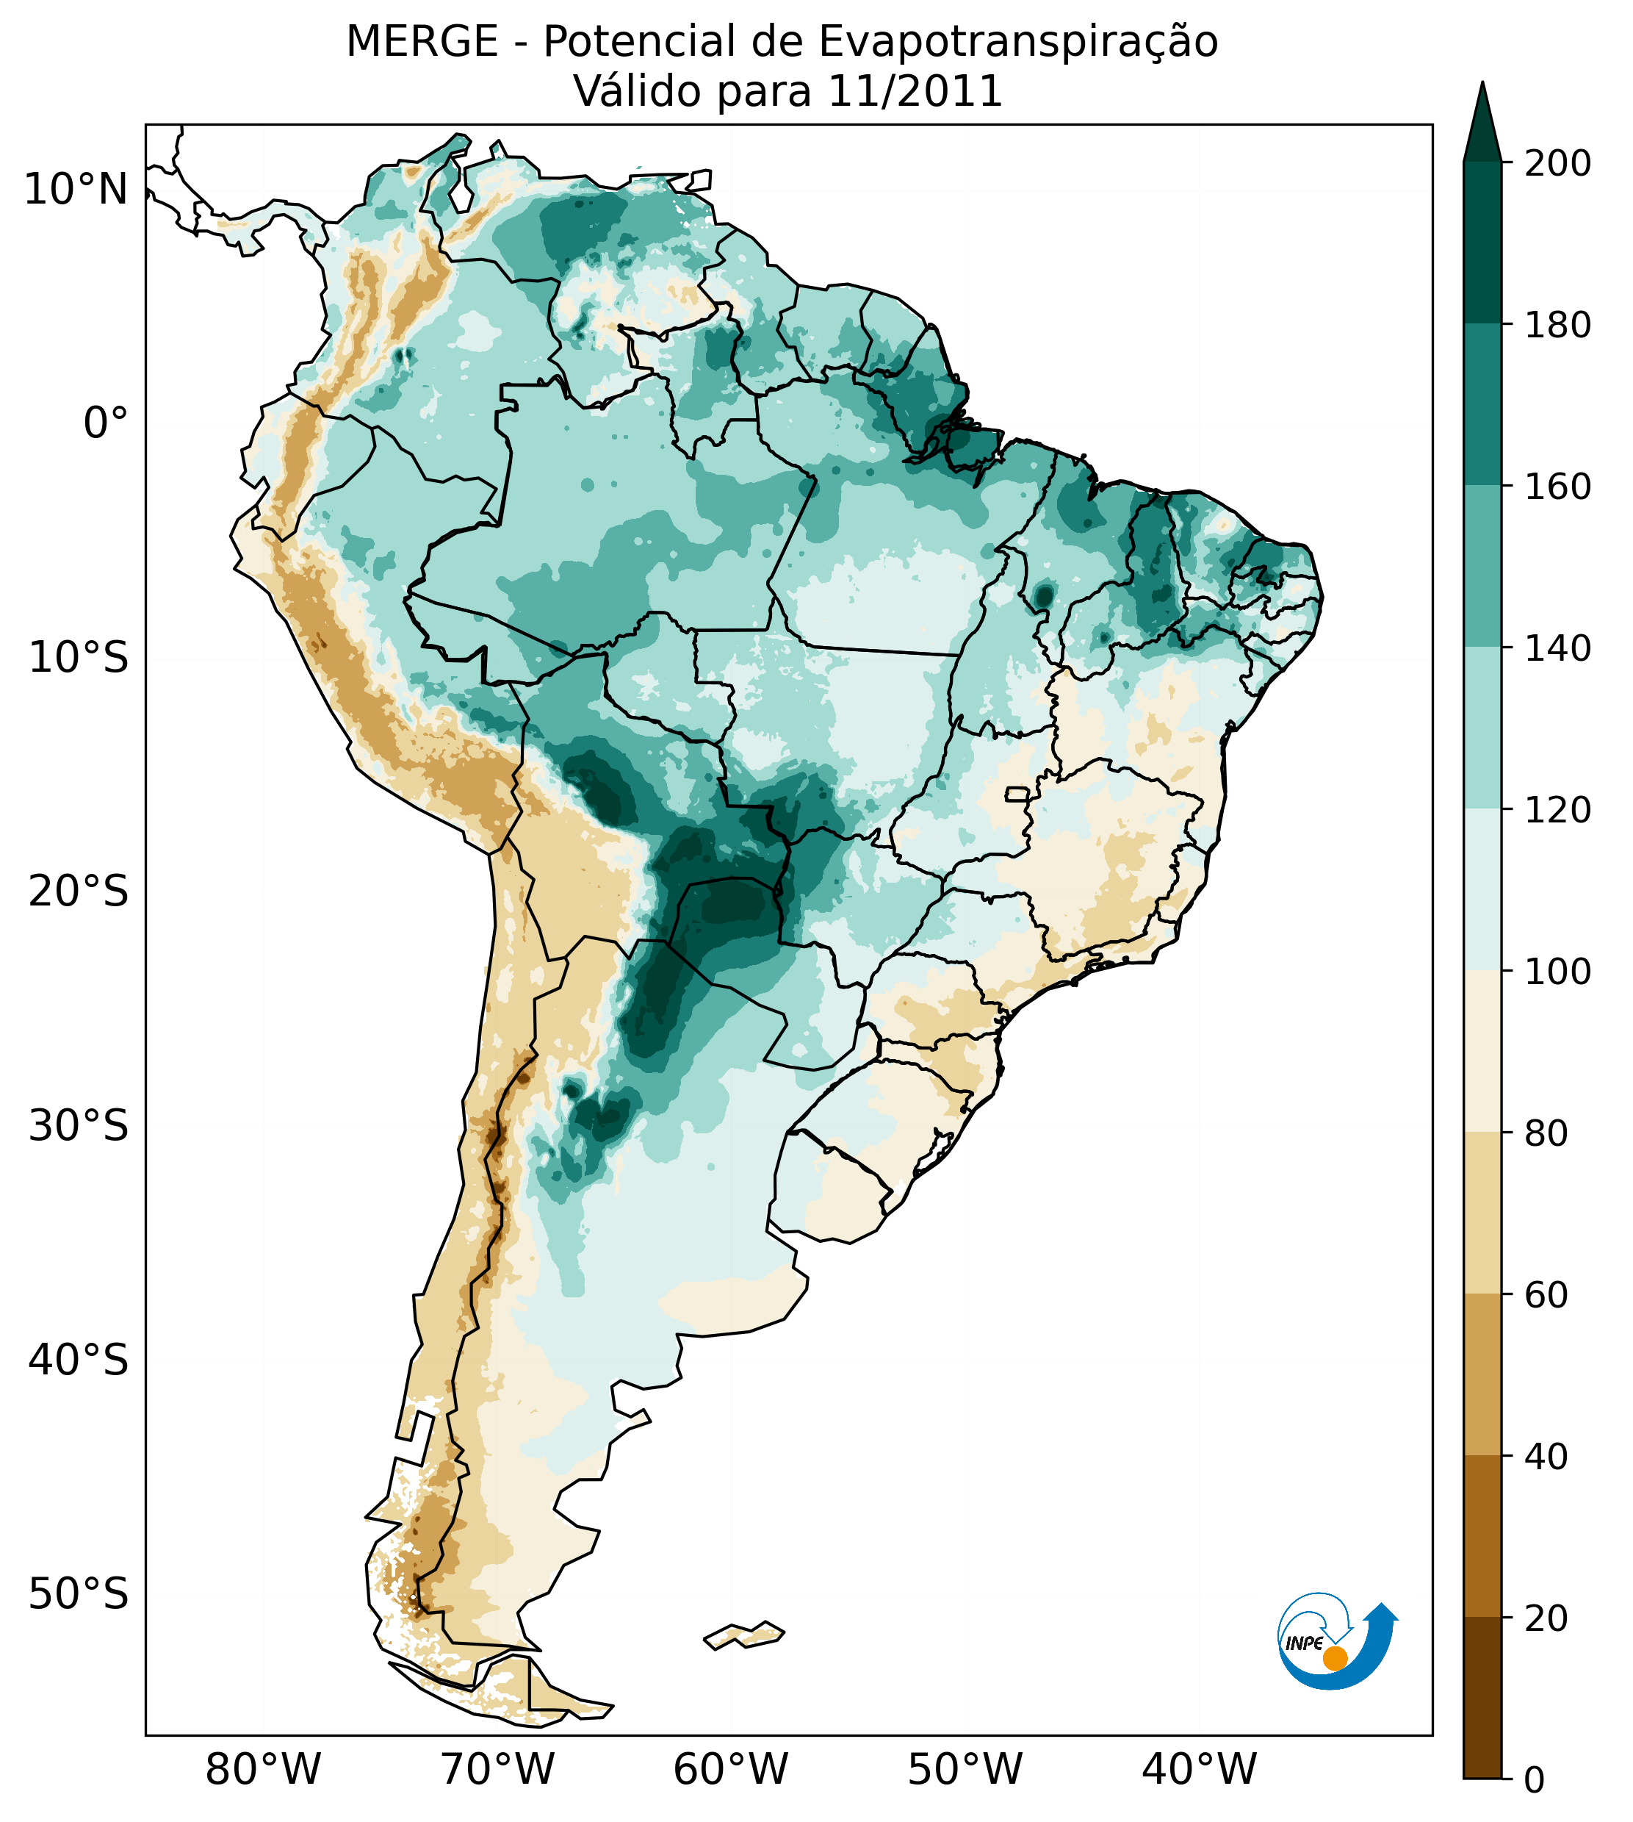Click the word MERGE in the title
422,42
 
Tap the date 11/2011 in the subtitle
915,93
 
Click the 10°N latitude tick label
76,190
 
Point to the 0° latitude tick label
106,423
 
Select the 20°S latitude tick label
78,892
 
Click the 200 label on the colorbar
1557,164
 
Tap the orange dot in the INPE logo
1335,1658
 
